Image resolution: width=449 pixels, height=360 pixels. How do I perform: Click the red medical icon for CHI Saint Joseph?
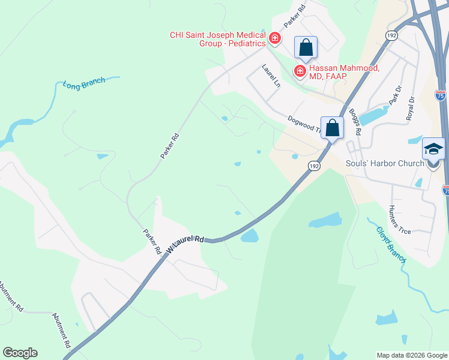point(275,39)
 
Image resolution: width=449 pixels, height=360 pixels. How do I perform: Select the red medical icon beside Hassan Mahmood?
point(299,71)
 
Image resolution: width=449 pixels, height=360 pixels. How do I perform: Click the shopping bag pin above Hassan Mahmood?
point(306,48)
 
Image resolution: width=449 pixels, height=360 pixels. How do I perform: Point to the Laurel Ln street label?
point(271,77)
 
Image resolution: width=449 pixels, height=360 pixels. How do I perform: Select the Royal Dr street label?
point(411,108)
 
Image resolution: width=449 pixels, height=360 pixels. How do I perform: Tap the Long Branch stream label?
point(84,83)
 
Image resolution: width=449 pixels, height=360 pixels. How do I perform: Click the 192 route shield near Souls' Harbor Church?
point(313,165)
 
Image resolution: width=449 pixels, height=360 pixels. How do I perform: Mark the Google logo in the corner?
point(20,353)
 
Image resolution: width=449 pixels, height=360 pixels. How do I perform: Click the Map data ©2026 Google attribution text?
point(411,355)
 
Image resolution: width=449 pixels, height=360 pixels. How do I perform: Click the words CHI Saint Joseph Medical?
point(217,35)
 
